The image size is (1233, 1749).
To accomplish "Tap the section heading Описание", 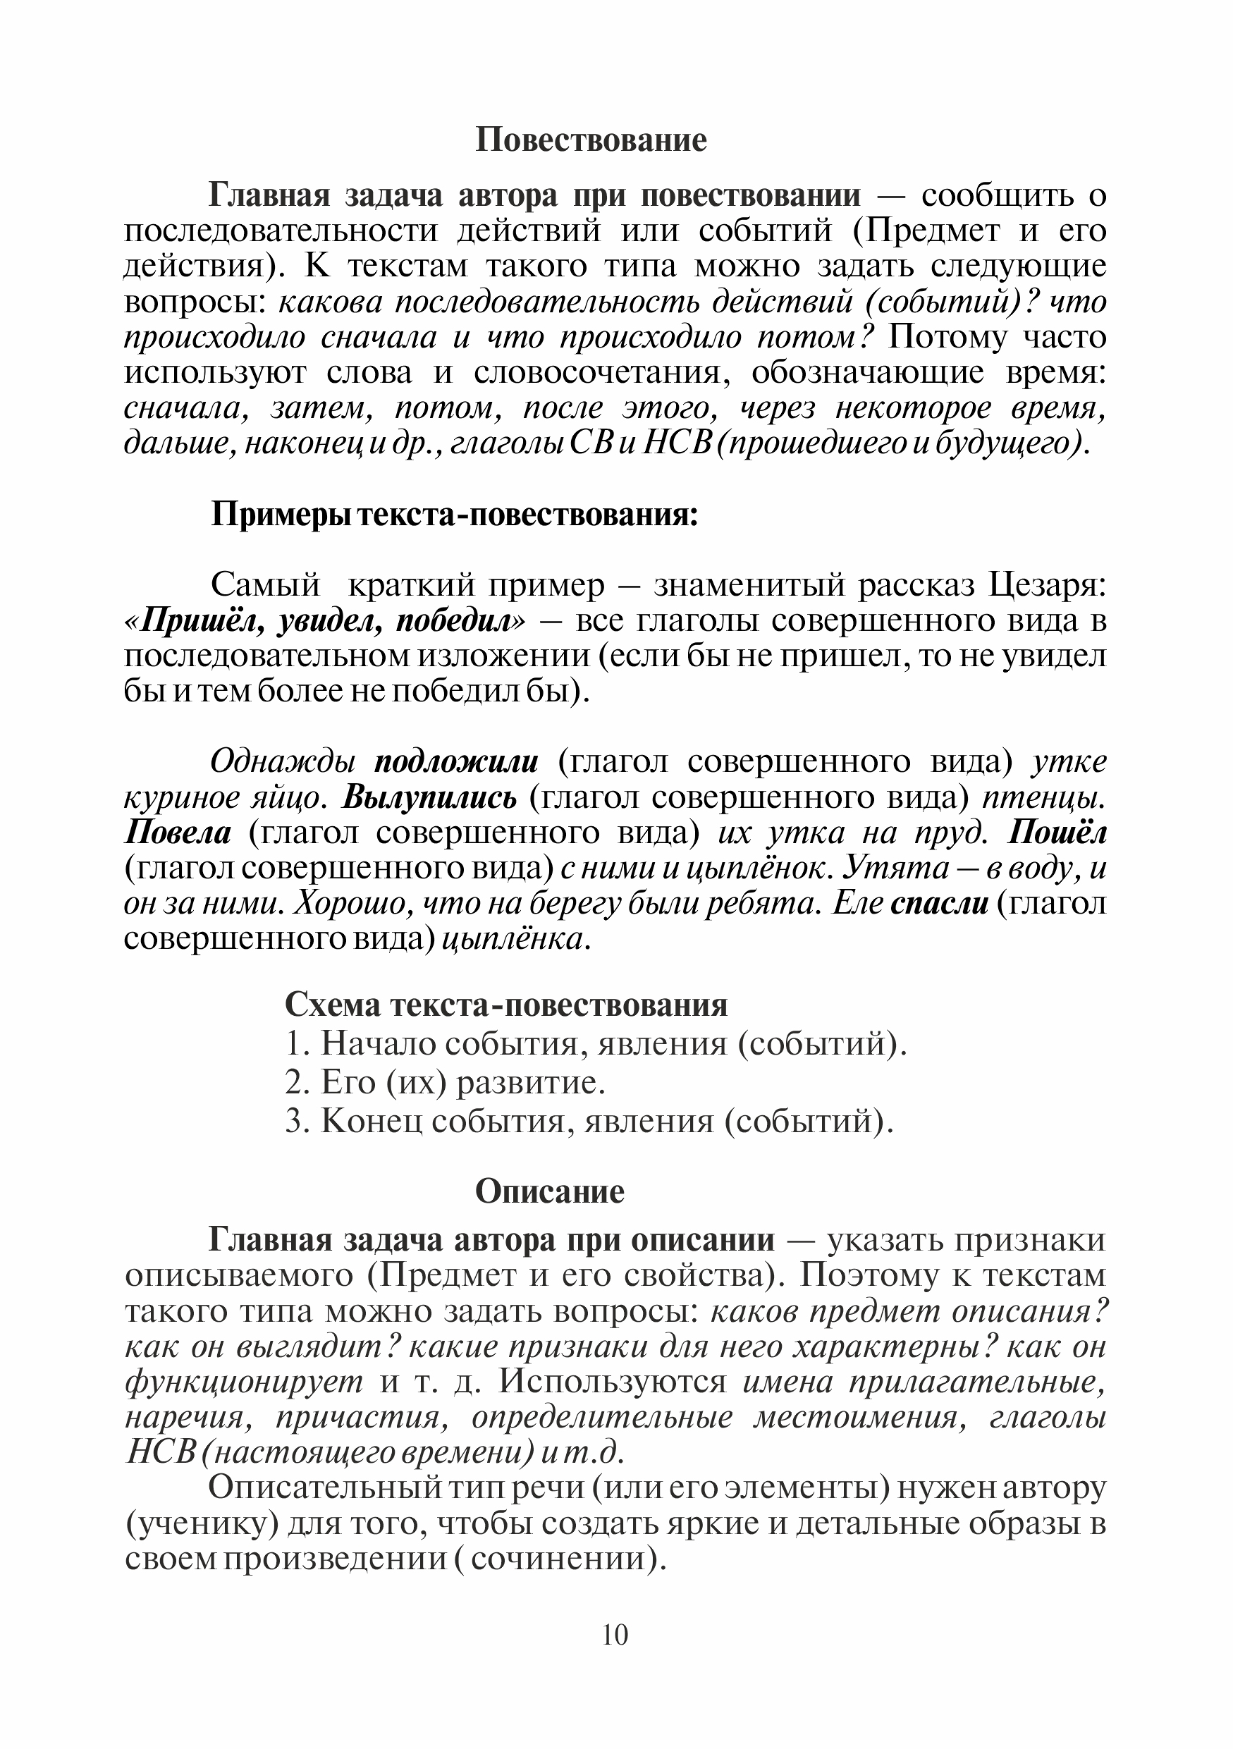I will tap(549, 1191).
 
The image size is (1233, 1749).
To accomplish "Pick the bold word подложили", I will tap(456, 762).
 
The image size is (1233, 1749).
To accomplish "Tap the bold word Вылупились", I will tap(429, 797).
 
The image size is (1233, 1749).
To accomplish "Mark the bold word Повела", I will tap(178, 833).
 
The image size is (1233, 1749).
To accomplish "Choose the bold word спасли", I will tap(939, 904).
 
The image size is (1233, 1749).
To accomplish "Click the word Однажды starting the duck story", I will tap(283, 762).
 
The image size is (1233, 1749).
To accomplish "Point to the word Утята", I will tap(888, 869).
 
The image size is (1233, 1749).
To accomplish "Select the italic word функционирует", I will tap(243, 1382).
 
